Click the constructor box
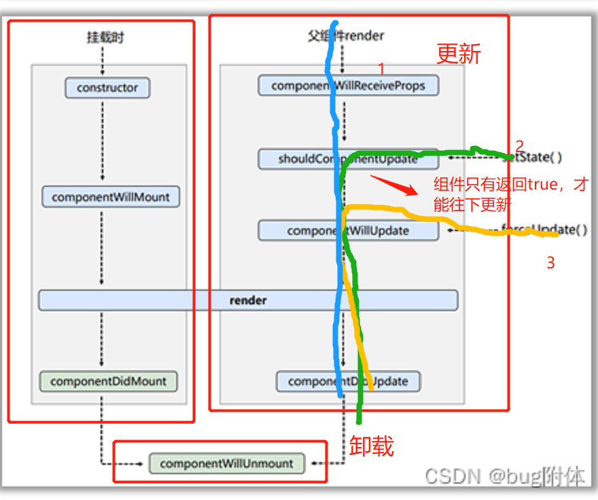[107, 88]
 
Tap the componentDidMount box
[108, 381]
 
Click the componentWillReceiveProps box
[348, 86]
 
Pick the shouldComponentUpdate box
[348, 160]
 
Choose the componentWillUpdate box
[348, 230]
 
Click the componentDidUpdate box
[348, 381]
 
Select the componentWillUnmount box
[226, 464]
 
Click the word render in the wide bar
[248, 300]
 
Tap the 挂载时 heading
[105, 38]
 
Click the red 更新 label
[459, 54]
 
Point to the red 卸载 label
[372, 446]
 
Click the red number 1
[381, 69]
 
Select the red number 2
[520, 145]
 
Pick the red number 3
[550, 263]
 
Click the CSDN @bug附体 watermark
[504, 476]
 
